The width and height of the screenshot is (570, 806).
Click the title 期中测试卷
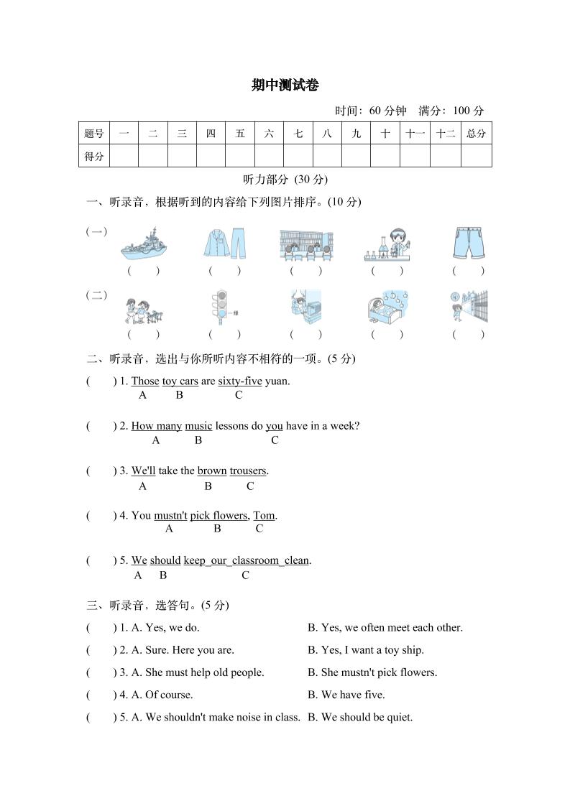(x=285, y=85)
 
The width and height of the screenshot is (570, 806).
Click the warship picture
(x=144, y=244)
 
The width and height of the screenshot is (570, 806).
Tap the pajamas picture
(x=224, y=244)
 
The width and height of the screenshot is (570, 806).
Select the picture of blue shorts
(x=469, y=244)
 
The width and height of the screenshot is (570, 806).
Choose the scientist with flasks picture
(x=388, y=244)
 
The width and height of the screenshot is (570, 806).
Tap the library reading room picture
(x=305, y=244)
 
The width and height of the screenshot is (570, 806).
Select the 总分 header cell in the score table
(x=476, y=133)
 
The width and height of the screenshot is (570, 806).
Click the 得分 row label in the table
(x=94, y=156)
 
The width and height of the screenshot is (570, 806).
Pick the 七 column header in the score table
(x=298, y=133)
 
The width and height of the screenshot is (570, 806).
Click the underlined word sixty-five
(x=240, y=381)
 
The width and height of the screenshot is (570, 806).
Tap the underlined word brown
(x=212, y=471)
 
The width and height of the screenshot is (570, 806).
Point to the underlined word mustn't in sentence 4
(x=170, y=516)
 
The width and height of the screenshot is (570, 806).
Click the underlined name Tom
(x=264, y=516)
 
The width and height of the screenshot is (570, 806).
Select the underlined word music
(x=198, y=426)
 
